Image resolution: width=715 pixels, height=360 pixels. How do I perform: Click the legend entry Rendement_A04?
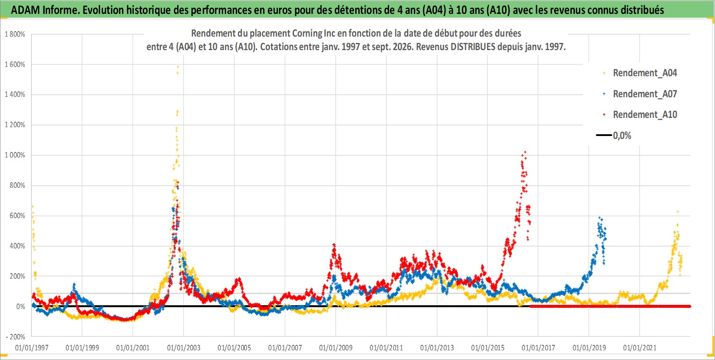[x=640, y=73]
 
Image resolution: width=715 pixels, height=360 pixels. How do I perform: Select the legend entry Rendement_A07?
[x=640, y=94]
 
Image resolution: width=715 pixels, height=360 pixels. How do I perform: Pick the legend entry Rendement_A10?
[x=640, y=115]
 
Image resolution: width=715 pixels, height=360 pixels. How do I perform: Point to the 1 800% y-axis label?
[x=15, y=34]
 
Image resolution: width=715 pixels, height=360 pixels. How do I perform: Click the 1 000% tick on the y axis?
[x=15, y=155]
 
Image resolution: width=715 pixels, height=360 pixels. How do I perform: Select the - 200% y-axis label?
[x=15, y=337]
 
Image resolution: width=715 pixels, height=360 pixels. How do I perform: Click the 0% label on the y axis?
[x=21, y=307]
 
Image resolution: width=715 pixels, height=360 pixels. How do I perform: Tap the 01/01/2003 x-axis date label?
[x=184, y=347]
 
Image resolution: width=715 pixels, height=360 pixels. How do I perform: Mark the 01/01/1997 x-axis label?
[x=32, y=347]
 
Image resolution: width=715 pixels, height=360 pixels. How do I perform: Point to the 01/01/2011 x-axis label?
[x=386, y=347]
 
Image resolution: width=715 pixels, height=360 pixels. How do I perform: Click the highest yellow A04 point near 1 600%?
[x=178, y=67]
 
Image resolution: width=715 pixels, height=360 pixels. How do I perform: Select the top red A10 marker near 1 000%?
[x=525, y=152]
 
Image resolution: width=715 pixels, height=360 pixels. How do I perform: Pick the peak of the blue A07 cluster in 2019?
[x=600, y=218]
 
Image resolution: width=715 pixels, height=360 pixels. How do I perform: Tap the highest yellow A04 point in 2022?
[x=678, y=212]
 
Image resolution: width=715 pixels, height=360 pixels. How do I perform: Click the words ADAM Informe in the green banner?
[x=45, y=10]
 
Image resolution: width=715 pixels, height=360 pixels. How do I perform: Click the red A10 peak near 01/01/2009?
[x=334, y=245]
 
